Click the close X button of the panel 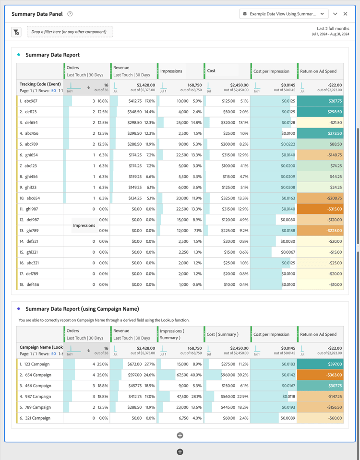tap(345, 14)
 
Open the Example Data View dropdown tap(284, 14)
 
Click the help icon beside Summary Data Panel tap(70, 14)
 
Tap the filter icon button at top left tap(16, 32)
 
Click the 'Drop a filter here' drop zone tap(70, 32)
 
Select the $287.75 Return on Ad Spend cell tap(320, 101)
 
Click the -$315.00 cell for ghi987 tap(320, 209)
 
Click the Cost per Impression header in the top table tap(271, 71)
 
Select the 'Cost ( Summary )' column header tap(222, 334)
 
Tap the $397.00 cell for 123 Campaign tap(320, 364)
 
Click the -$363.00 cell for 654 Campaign tap(320, 375)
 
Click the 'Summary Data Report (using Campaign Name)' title tap(82, 309)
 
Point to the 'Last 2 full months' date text tap(333, 29)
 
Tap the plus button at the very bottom tap(180, 452)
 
